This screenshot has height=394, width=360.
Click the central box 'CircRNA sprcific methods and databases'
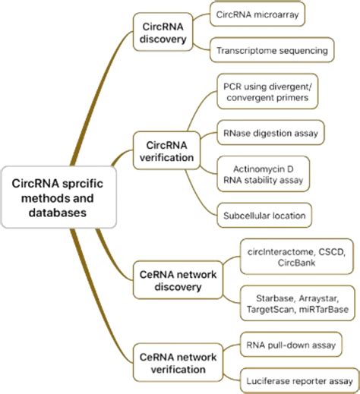tap(58, 198)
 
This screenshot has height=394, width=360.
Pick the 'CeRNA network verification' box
tap(172, 361)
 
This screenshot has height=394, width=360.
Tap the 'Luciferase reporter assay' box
tap(298, 380)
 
